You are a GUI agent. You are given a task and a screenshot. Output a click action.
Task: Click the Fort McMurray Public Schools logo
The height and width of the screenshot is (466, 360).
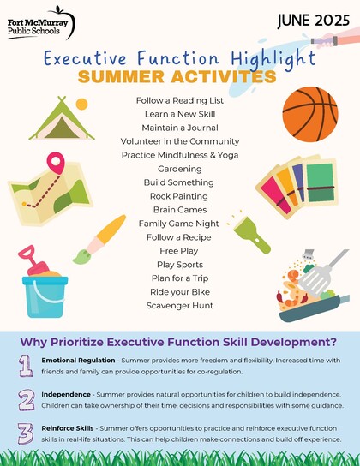click(x=41, y=23)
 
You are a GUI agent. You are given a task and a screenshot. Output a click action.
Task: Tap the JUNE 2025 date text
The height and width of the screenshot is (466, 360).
click(x=314, y=21)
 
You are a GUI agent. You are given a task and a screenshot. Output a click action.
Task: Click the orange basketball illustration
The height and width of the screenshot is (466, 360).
click(x=310, y=114)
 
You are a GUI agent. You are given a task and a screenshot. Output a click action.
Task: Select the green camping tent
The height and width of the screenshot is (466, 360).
click(x=62, y=118)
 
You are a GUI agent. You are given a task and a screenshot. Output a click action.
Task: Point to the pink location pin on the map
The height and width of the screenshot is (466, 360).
click(x=56, y=163)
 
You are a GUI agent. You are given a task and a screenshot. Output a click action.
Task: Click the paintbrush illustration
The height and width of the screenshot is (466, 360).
click(x=99, y=239)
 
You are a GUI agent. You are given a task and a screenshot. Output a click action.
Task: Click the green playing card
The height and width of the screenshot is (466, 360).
click(x=321, y=182)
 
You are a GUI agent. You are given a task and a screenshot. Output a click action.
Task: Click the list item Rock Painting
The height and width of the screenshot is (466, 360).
click(x=179, y=196)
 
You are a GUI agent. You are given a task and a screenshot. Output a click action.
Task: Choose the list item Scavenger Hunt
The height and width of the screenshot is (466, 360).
click(x=180, y=306)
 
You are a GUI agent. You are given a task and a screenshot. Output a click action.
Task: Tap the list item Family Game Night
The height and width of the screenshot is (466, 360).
click(x=179, y=224)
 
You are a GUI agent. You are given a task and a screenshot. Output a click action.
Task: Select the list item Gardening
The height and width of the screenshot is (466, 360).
click(x=180, y=169)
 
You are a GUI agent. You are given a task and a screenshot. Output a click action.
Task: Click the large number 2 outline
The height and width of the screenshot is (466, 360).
click(x=27, y=400)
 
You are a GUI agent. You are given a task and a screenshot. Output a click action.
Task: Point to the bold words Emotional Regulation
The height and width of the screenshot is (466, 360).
click(x=78, y=360)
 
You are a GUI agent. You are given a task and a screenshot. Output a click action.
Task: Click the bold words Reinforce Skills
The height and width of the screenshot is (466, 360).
click(x=68, y=428)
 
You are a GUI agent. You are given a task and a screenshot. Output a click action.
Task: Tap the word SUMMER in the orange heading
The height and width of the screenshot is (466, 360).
click(x=121, y=76)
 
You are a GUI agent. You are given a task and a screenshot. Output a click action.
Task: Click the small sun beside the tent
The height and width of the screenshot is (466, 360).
click(x=81, y=105)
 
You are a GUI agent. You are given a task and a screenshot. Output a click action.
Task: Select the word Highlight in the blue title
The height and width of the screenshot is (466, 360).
click(x=273, y=60)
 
